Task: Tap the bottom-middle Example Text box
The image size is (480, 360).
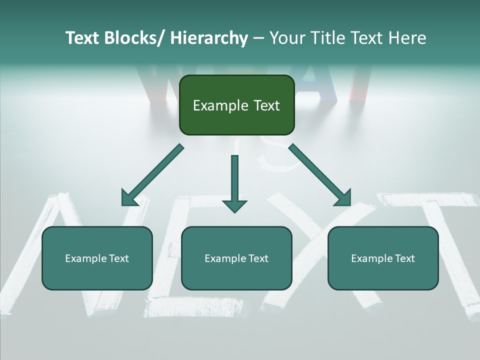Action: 236,272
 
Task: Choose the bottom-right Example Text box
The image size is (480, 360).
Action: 383,272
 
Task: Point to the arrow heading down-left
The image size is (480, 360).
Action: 152,175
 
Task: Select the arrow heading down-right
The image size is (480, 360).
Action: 320,175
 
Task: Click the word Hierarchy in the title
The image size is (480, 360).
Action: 208,38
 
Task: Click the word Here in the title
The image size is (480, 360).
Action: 407,38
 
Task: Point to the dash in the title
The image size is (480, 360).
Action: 258,38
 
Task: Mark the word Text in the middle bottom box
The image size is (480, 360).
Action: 257,258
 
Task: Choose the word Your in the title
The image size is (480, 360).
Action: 286,38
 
